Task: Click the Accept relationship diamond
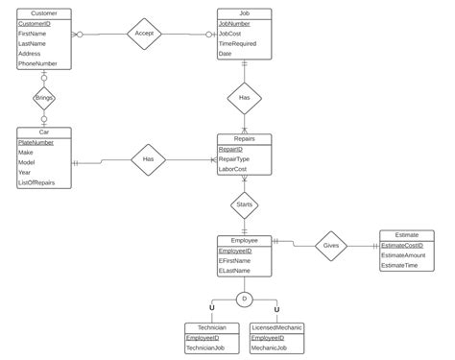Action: (144, 33)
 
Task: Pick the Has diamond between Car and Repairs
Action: (149, 160)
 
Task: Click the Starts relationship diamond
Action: (244, 204)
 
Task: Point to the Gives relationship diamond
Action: (331, 245)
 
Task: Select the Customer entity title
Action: (44, 12)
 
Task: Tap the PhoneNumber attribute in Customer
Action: (38, 63)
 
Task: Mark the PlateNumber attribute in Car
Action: (38, 142)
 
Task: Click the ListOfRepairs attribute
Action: (38, 182)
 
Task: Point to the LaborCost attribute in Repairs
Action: (235, 170)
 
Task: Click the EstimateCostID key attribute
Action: (407, 245)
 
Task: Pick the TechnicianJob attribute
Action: (207, 348)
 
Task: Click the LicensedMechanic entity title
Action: (277, 327)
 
